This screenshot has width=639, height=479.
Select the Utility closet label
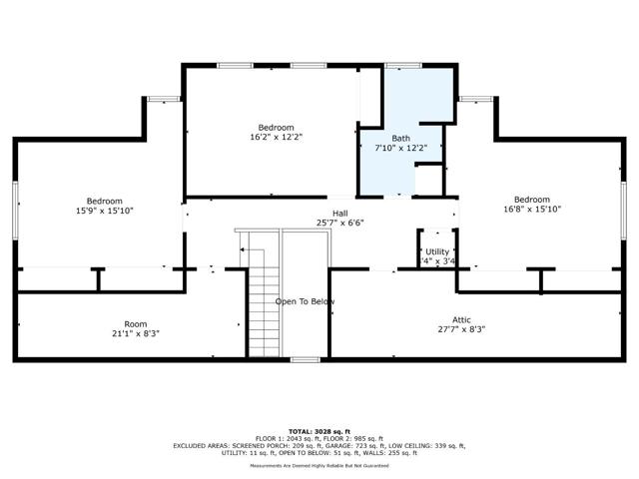tap(437, 251)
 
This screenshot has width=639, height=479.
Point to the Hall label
tap(339, 213)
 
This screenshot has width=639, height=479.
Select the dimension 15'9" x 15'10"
tap(104, 211)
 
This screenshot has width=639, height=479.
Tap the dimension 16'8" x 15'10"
tap(532, 210)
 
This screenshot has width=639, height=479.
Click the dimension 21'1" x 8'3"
tap(135, 333)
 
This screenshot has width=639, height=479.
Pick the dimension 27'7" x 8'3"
tap(461, 329)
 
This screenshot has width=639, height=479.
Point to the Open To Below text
tap(306, 301)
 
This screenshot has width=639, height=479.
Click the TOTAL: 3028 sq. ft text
tap(319, 431)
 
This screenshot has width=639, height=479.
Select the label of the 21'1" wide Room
tap(135, 323)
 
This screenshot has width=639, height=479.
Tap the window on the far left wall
tap(15, 211)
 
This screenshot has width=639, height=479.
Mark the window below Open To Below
tap(305, 359)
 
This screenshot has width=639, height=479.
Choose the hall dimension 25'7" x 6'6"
tap(339, 223)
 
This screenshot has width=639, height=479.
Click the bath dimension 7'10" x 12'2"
tap(400, 148)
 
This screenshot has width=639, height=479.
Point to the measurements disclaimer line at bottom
tap(319, 465)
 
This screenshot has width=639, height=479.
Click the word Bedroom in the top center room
tap(276, 127)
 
